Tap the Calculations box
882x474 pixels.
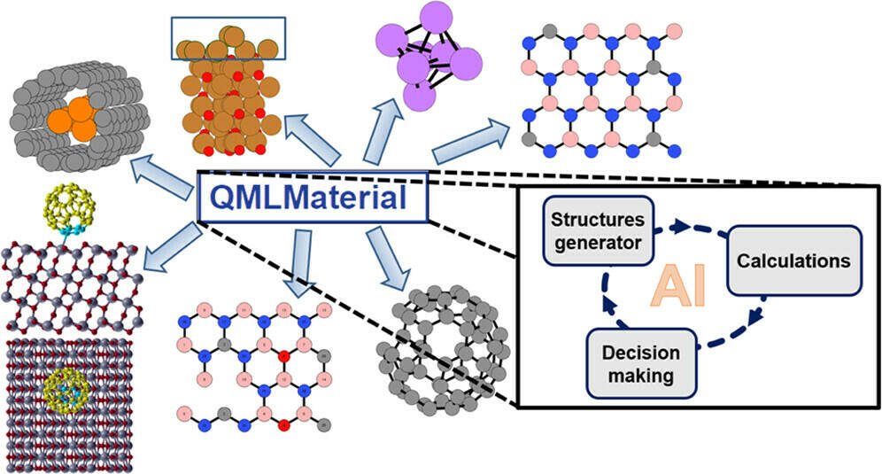tap(793, 260)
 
